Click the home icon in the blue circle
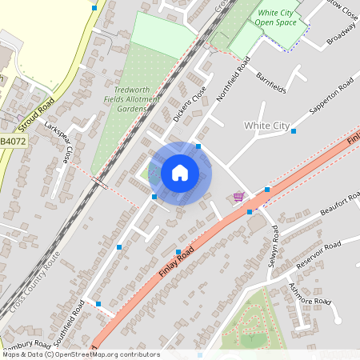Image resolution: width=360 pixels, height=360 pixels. [x=179, y=173]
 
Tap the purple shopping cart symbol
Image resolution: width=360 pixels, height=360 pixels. [x=238, y=197]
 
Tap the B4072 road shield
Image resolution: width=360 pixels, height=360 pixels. [x=12, y=142]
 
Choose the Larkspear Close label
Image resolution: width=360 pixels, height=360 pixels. [x=59, y=142]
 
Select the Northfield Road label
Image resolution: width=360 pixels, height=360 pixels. [x=234, y=79]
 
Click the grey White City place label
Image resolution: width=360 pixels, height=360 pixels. [x=266, y=126]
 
